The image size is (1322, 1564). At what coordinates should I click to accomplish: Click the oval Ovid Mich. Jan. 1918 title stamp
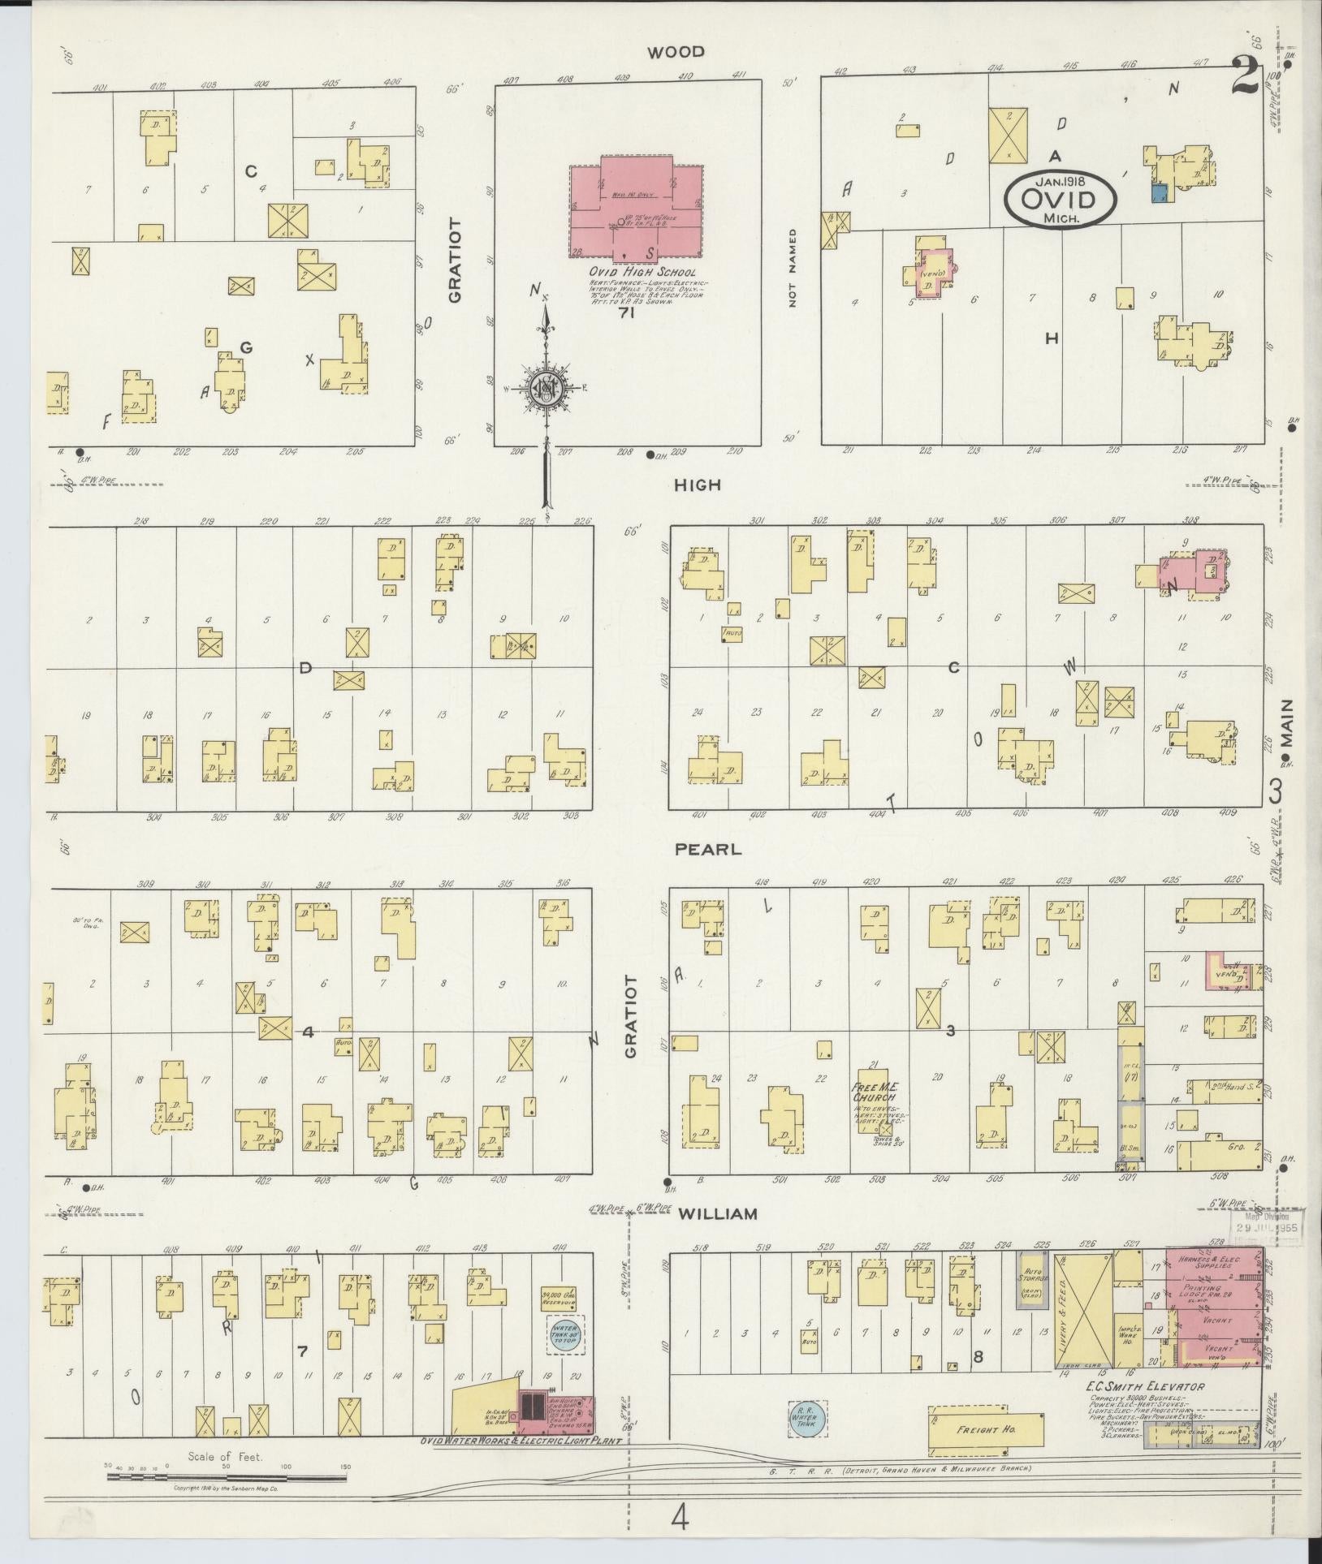pyautogui.click(x=1060, y=198)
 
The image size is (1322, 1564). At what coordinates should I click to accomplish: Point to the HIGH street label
pyautogui.click(x=698, y=485)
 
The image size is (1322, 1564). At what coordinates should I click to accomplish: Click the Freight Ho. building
pyautogui.click(x=986, y=1429)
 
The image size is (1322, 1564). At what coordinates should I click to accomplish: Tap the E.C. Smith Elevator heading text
pyautogui.click(x=1146, y=1387)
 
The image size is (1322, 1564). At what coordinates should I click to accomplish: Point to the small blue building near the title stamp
pyautogui.click(x=1160, y=192)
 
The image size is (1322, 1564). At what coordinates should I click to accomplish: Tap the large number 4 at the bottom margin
pyautogui.click(x=680, y=1517)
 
